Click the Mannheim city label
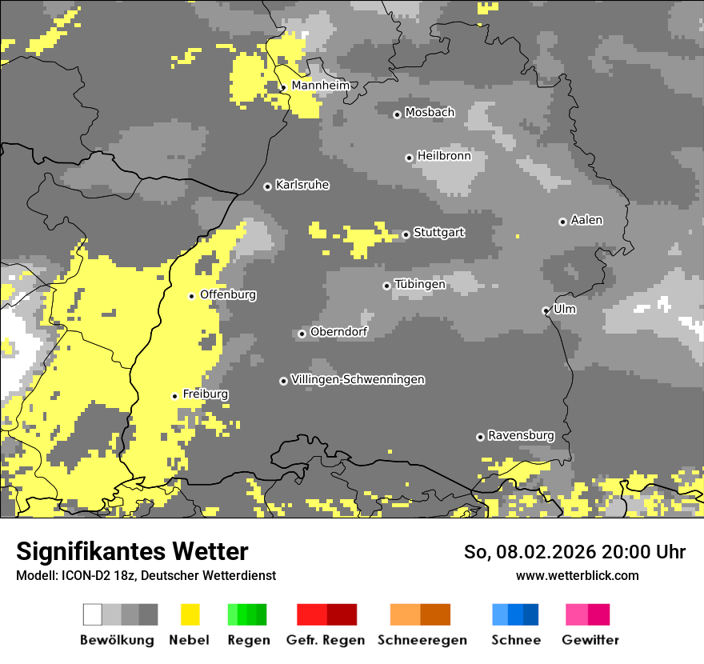pyautogui.click(x=320, y=86)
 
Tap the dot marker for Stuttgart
pyautogui.click(x=406, y=234)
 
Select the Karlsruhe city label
pyautogui.click(x=302, y=185)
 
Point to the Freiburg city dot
pyautogui.click(x=174, y=396)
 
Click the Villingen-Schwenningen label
pyautogui.click(x=358, y=379)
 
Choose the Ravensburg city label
pyautogui.click(x=521, y=435)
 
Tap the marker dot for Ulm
pyautogui.click(x=546, y=310)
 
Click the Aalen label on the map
pyautogui.click(x=586, y=220)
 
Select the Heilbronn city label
pyautogui.click(x=444, y=156)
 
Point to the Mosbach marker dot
pyautogui.click(x=397, y=114)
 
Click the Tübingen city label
pyautogui.click(x=420, y=284)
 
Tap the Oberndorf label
pyautogui.click(x=338, y=331)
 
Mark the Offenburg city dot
pyautogui.click(x=191, y=296)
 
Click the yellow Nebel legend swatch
pyautogui.click(x=190, y=614)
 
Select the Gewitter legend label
pyautogui.click(x=590, y=640)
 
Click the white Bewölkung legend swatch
pyautogui.click(x=93, y=614)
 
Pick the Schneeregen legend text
pyautogui.click(x=422, y=640)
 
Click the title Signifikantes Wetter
pyautogui.click(x=132, y=552)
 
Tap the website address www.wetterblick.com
pyautogui.click(x=577, y=576)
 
